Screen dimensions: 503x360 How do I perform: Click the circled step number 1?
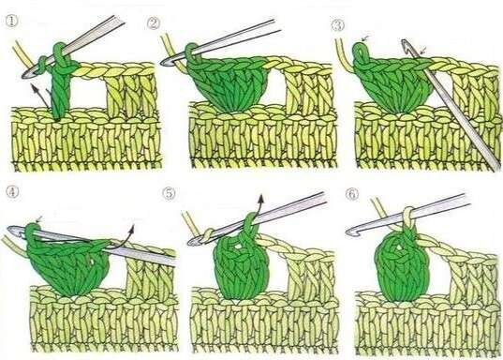(12, 22)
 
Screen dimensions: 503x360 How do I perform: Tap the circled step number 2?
(154, 23)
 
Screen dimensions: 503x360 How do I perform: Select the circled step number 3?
(338, 24)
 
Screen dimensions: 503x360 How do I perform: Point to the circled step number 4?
(13, 192)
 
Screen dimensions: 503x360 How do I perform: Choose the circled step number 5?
(169, 193)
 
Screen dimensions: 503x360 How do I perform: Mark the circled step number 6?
(352, 194)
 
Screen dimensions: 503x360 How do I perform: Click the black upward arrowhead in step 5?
(261, 198)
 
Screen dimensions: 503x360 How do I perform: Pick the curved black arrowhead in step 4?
(131, 228)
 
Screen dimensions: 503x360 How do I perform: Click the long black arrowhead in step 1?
(34, 86)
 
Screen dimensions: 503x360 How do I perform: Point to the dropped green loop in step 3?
(361, 52)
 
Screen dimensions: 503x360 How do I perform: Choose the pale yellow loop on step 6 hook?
(408, 216)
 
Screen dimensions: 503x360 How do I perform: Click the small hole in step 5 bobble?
(238, 247)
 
